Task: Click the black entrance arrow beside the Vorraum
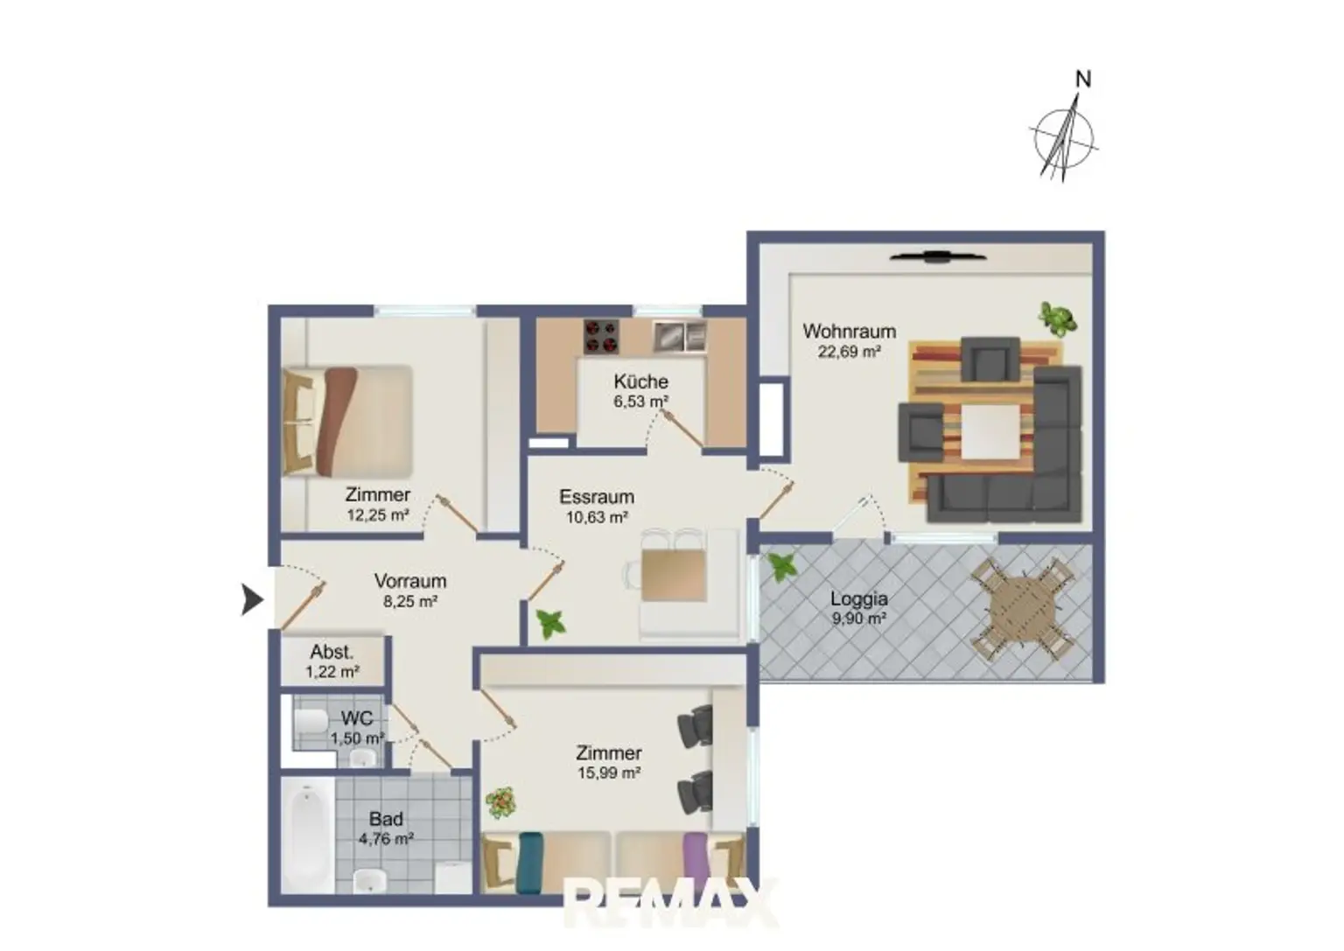(252, 599)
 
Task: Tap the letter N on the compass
(1083, 80)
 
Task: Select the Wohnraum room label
(849, 332)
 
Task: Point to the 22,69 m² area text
(849, 352)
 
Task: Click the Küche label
(640, 381)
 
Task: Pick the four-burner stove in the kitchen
(601, 337)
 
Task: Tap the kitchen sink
(680, 336)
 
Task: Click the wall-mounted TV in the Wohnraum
(938, 257)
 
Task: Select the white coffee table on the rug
(990, 432)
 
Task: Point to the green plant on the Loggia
(781, 566)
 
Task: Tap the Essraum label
(597, 497)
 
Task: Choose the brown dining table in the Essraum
(674, 575)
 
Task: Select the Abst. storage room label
(332, 652)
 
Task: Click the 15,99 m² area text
(609, 773)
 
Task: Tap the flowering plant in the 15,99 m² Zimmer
(500, 803)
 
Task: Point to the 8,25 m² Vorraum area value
(410, 601)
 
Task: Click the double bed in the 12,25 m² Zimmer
(348, 422)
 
